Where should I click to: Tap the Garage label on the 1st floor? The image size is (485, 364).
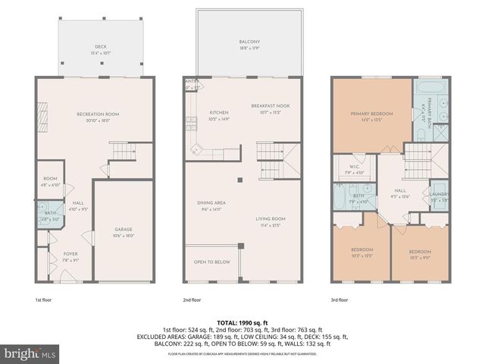(124, 229)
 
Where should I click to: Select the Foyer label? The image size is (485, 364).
(70, 254)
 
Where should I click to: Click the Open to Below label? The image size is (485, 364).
(212, 262)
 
